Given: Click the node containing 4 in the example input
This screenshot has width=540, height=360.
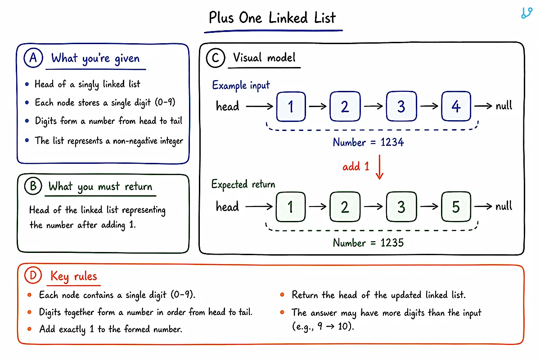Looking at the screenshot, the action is coord(456,106).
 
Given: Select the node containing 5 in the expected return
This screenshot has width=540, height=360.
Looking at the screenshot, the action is coord(456,207).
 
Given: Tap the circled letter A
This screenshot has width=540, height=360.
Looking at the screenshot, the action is coord(33,58).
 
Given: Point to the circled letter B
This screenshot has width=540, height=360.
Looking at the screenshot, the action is coord(33,186).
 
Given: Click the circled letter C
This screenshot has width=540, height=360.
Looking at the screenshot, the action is coord(216,58).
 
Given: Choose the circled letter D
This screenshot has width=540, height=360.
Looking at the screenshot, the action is coord(33,275).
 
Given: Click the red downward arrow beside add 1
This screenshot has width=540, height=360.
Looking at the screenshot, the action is coord(379,167).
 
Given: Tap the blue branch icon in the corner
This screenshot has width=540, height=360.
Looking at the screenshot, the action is coord(526,13).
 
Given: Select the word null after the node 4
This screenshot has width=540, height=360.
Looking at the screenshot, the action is coord(504,106).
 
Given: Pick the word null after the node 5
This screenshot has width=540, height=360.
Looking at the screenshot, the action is coord(504,206).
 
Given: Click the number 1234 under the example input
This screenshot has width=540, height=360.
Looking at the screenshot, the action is coord(392,142).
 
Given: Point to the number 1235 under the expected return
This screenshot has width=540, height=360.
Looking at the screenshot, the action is coord(392,243).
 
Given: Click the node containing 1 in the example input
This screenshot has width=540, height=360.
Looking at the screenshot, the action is coord(291,106).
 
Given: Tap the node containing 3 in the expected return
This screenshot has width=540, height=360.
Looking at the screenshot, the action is coord(401,207).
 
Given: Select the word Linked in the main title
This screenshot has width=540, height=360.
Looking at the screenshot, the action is coord(288,18).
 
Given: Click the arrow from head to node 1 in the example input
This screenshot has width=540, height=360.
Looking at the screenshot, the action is coord(259,106).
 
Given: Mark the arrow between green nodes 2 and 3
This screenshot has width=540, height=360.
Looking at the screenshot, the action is coord(373,207).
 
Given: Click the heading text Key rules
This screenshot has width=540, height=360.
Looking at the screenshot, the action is coord(73,276).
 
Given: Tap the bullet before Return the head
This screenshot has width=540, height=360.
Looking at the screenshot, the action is coord(282,295).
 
